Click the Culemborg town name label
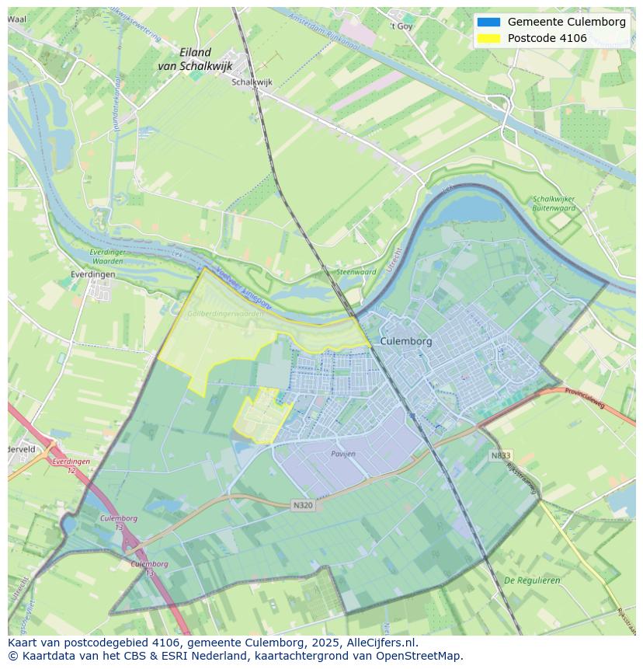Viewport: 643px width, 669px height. [406, 341]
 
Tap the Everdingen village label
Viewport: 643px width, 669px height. [93, 274]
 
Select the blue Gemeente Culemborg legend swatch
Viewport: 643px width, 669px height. [489, 22]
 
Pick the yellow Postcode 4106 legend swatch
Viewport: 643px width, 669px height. [489, 38]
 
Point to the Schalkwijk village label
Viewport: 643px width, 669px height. [252, 81]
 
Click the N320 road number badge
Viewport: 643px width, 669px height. [303, 505]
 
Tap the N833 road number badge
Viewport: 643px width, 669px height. [501, 455]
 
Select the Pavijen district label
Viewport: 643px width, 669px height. [342, 453]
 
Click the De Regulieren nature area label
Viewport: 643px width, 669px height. [532, 580]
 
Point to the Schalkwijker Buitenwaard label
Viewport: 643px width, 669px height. [554, 204]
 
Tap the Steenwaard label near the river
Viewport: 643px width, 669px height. [356, 272]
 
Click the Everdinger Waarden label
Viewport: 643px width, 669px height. [106, 256]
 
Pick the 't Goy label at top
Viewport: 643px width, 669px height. [401, 26]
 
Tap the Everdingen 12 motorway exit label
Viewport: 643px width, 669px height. [71, 465]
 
